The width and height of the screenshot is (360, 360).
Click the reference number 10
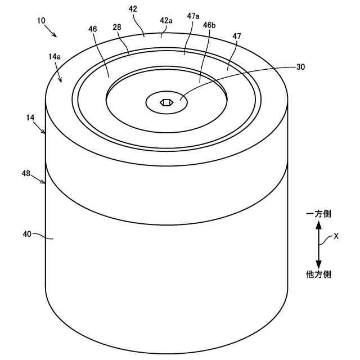41,20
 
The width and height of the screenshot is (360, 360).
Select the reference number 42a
166,20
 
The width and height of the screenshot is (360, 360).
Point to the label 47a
193,17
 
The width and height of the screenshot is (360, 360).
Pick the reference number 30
300,66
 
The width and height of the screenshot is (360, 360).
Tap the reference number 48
26,174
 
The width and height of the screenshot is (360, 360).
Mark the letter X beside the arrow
336,237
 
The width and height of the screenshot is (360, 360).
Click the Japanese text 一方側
318,214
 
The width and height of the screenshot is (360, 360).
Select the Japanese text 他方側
318,274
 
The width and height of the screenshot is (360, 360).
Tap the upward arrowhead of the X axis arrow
318,225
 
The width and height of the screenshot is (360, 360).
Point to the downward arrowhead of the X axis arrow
318,264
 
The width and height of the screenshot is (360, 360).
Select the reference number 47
236,36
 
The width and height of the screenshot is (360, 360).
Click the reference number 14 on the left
30,118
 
